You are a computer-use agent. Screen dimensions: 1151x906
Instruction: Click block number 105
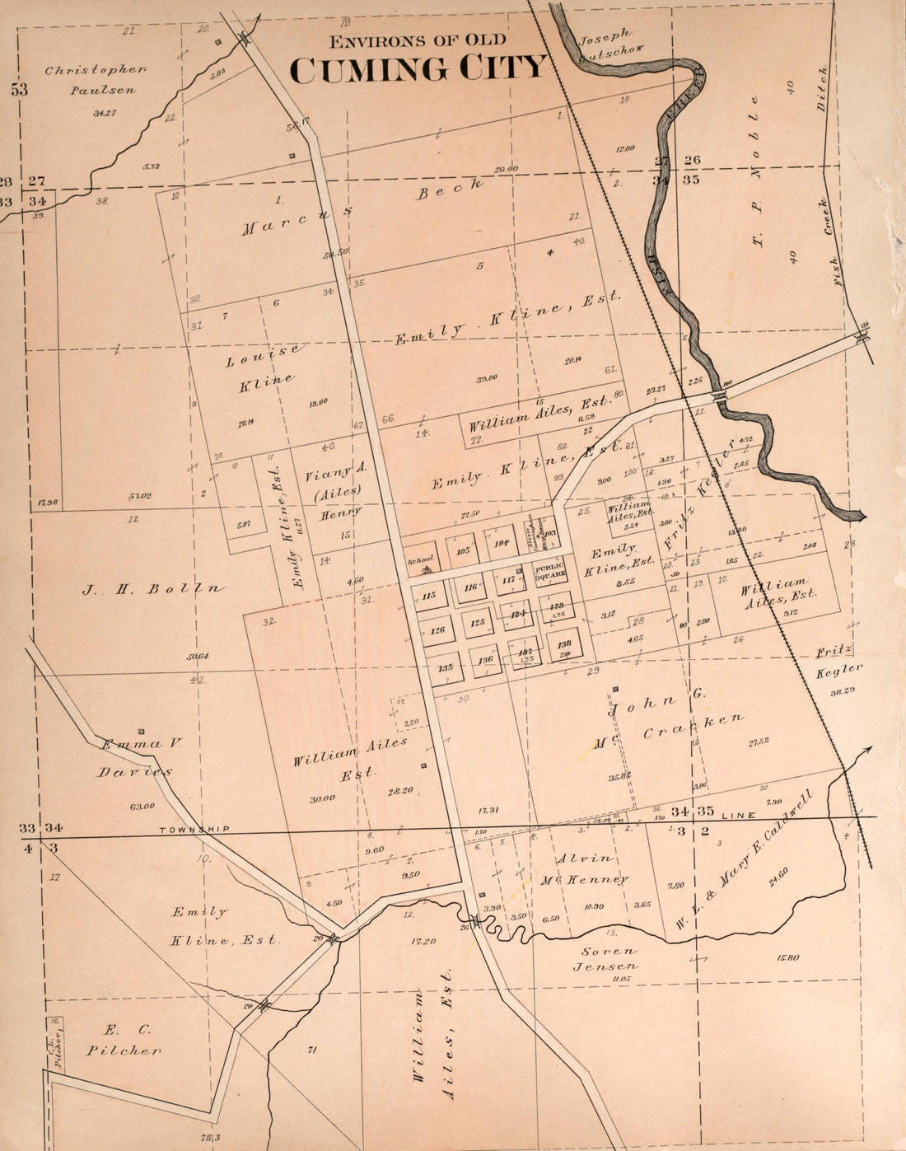tap(463, 550)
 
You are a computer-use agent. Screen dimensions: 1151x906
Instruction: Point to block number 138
tap(563, 644)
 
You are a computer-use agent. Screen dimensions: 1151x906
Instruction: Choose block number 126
tap(437, 630)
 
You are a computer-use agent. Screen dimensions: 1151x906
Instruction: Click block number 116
tap(470, 587)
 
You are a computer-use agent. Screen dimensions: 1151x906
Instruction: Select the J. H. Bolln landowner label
tap(152, 589)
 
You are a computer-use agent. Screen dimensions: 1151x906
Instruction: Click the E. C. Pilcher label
tap(123, 1040)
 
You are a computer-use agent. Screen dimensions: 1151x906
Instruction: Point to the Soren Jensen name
tap(605, 959)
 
